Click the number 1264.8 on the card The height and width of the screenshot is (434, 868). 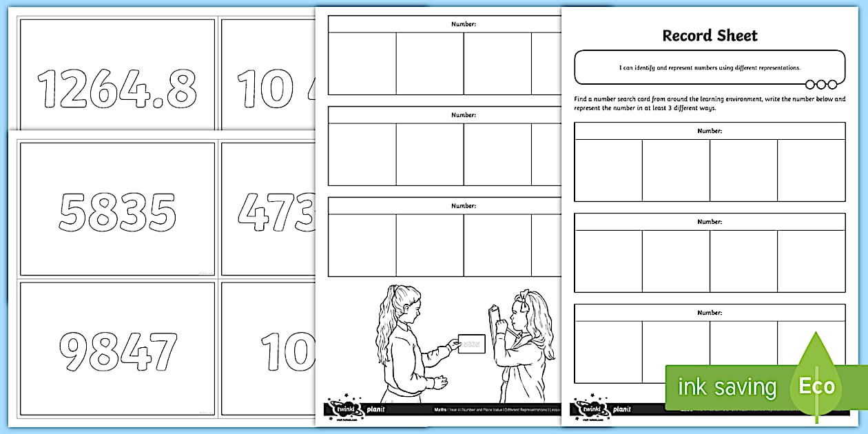[117, 89]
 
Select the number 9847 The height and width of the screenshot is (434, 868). [117, 351]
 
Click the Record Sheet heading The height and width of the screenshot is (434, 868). [710, 36]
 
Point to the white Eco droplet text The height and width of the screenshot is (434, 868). [816, 386]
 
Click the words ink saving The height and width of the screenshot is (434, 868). [727, 387]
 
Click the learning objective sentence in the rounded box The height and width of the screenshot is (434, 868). [710, 68]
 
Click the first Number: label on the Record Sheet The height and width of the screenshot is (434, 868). [710, 130]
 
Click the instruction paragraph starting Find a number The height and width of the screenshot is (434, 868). [710, 103]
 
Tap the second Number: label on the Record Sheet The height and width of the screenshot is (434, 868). [710, 222]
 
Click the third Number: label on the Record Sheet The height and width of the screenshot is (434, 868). [710, 313]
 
